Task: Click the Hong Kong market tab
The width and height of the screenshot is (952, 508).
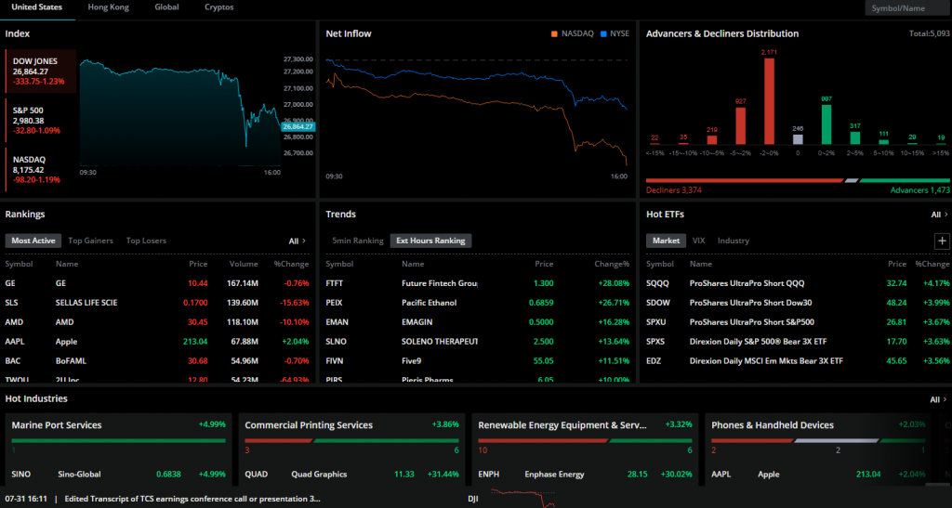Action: coord(108,7)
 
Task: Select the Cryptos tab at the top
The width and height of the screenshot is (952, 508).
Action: coord(219,7)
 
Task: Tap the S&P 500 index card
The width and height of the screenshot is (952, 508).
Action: coord(39,120)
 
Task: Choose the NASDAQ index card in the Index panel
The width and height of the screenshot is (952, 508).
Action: coord(39,169)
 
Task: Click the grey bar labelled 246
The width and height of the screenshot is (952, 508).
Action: coord(797,139)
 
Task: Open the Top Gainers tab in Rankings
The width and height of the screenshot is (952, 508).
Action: coord(90,241)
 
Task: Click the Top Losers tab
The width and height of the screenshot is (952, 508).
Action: coord(146,241)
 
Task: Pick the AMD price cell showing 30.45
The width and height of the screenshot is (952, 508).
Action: coord(197,321)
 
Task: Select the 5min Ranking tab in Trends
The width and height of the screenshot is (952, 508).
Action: coord(358,241)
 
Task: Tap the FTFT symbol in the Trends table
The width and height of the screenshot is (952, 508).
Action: coord(336,282)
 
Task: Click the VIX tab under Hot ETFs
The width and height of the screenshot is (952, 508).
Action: coord(698,241)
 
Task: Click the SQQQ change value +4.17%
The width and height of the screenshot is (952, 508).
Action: coord(932,282)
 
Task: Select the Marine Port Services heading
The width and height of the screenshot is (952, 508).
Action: coord(57,425)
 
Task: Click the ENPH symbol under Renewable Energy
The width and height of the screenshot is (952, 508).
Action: coord(489,474)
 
